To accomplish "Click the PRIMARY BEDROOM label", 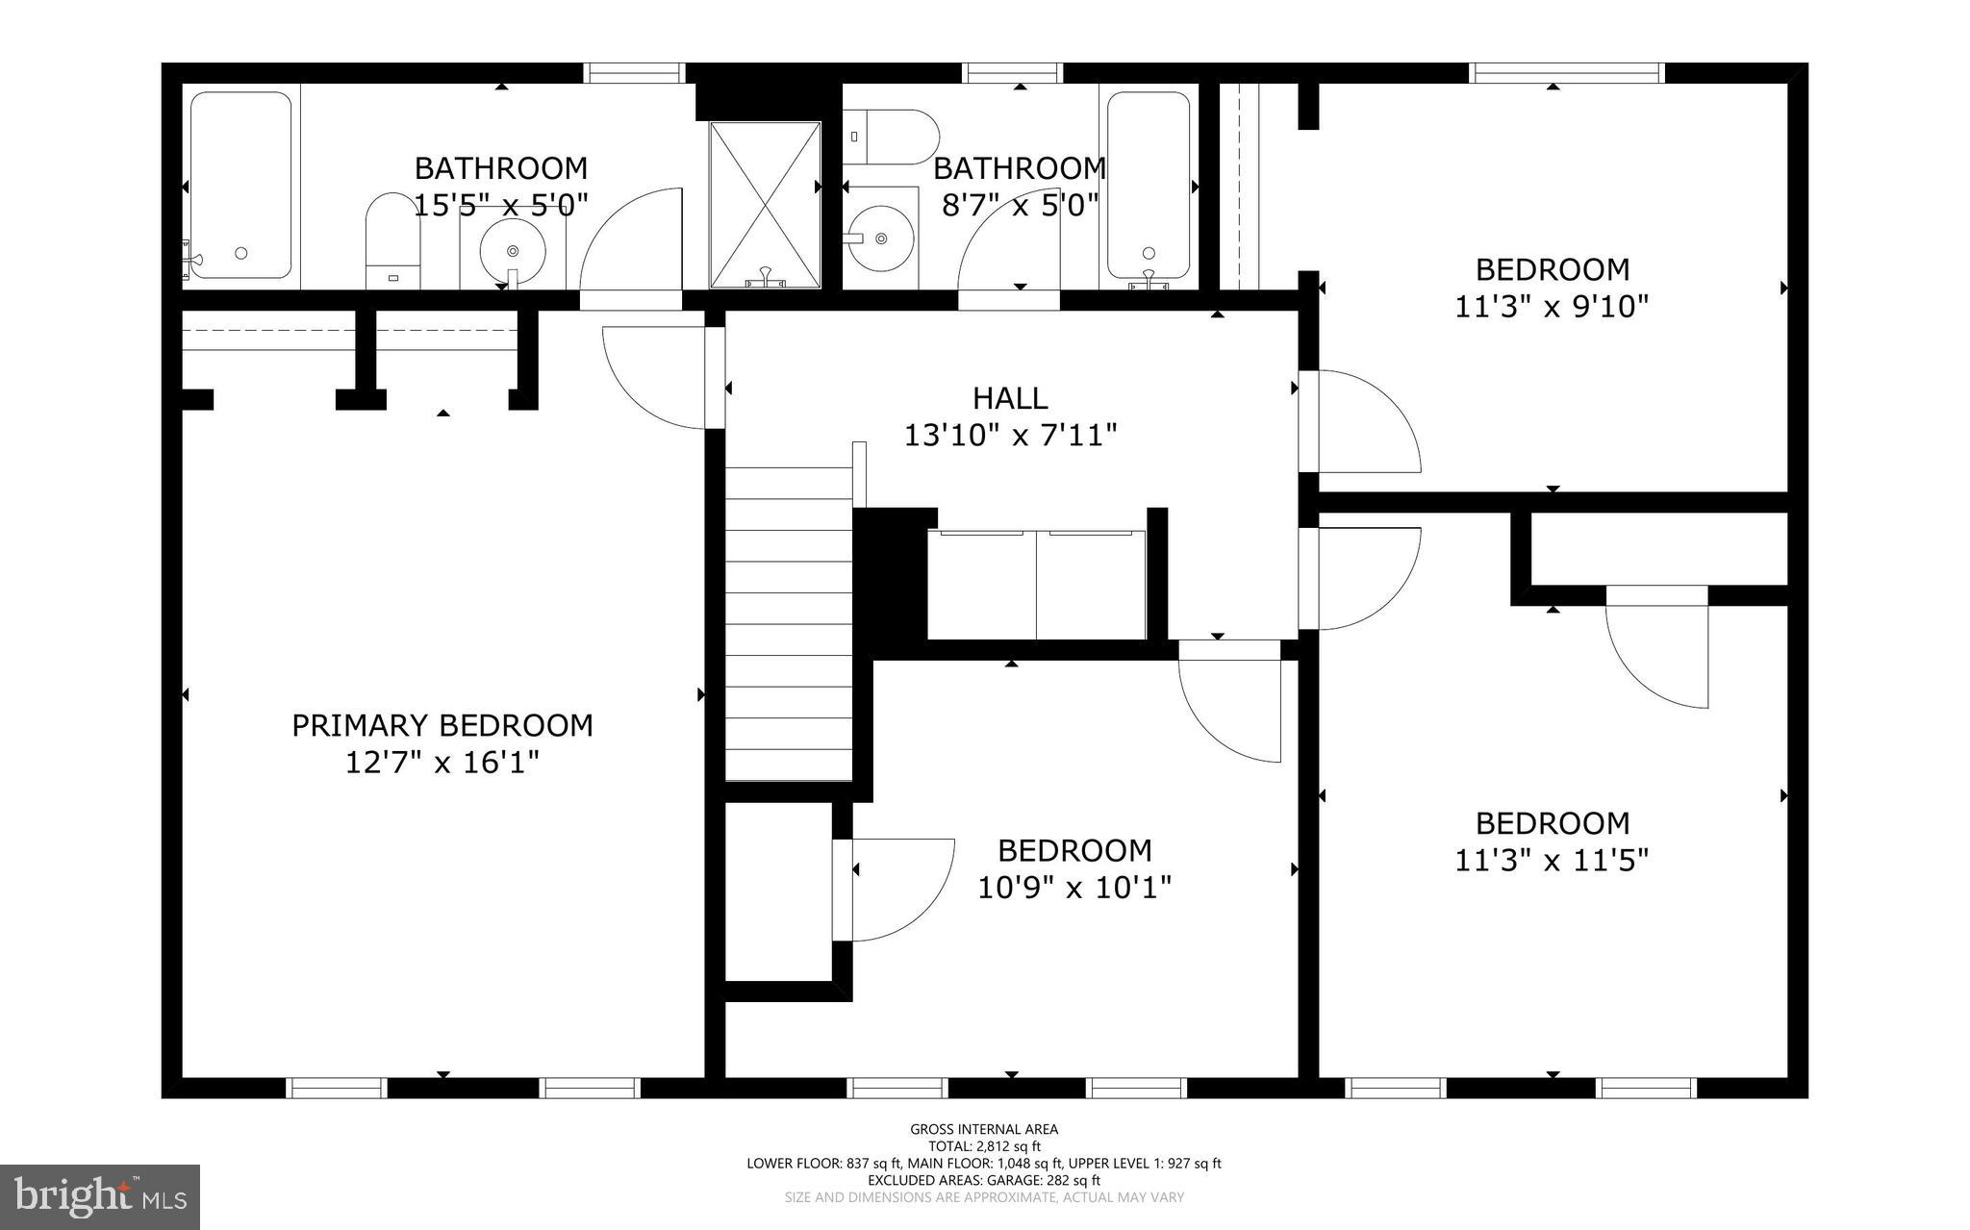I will pyautogui.click(x=442, y=725).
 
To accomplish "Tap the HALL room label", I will pyautogui.click(x=1009, y=398).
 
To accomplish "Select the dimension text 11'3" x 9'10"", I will pyautogui.click(x=1552, y=307).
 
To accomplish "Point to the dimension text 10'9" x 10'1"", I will pyautogui.click(x=1073, y=887).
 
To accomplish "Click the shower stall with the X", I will pyautogui.click(x=765, y=204).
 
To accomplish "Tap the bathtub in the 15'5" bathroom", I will pyautogui.click(x=240, y=186).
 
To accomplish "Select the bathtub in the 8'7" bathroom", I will pyautogui.click(x=1149, y=186).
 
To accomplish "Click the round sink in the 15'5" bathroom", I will pyautogui.click(x=512, y=251).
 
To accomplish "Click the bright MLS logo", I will pyautogui.click(x=100, y=1197).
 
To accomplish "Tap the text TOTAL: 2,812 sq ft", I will pyautogui.click(x=984, y=1146).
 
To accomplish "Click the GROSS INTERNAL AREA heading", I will pyautogui.click(x=984, y=1129).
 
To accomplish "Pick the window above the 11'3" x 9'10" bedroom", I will pyautogui.click(x=1567, y=73).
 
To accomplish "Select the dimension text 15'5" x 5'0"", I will pyautogui.click(x=500, y=205).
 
